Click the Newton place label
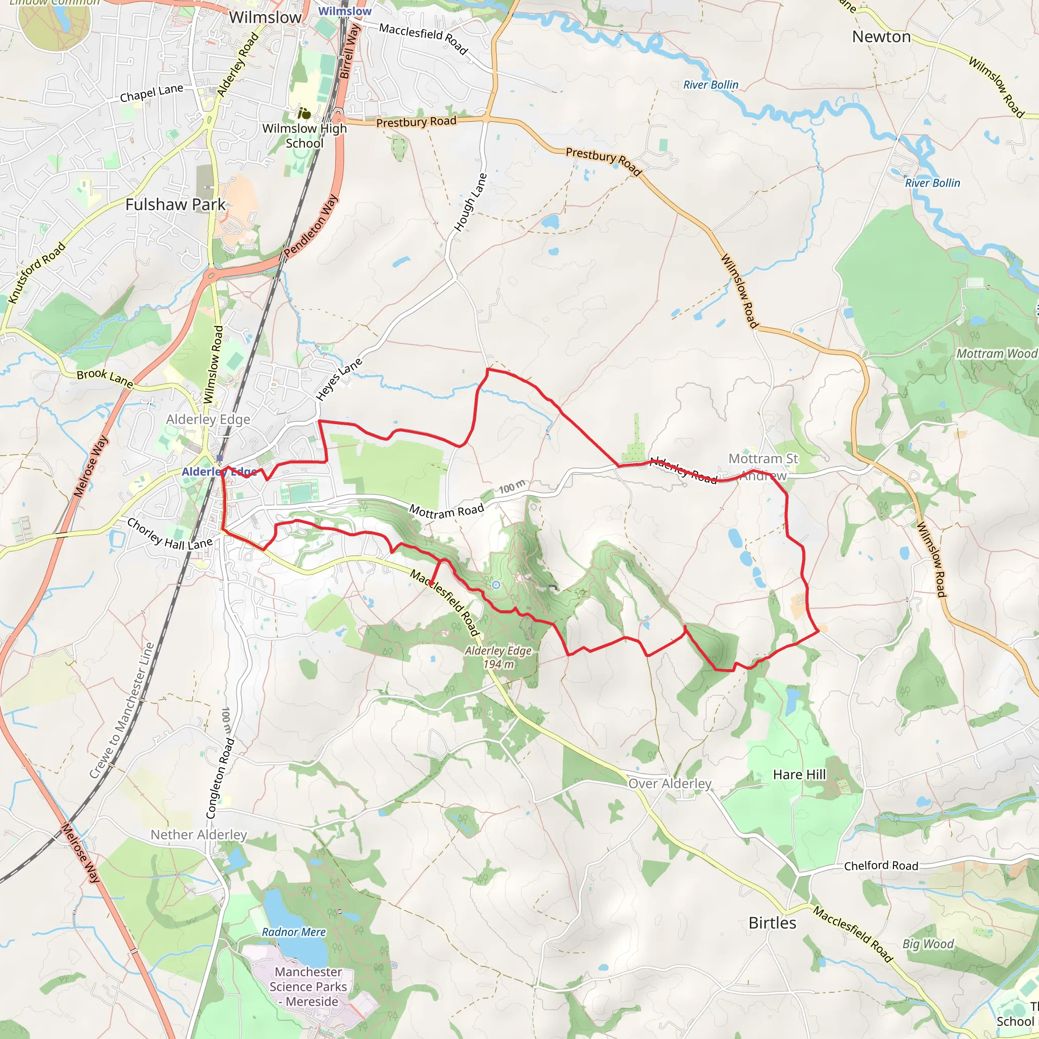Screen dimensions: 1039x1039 pyautogui.click(x=881, y=37)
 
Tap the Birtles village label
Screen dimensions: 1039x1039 pyautogui.click(x=772, y=923)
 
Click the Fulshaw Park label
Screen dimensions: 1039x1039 pyautogui.click(x=176, y=204)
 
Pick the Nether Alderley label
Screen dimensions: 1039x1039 pyautogui.click(x=198, y=835)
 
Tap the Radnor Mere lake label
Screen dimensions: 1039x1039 pyautogui.click(x=294, y=932)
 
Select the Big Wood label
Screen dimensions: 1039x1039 pyautogui.click(x=928, y=944)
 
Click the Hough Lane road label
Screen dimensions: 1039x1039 pyautogui.click(x=471, y=202)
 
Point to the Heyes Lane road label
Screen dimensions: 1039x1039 pyautogui.click(x=339, y=379)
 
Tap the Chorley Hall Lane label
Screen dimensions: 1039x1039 pyautogui.click(x=169, y=534)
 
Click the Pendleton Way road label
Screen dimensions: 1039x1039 pyautogui.click(x=311, y=225)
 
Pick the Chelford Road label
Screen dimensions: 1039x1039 pyautogui.click(x=881, y=865)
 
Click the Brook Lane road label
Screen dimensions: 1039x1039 pyautogui.click(x=105, y=377)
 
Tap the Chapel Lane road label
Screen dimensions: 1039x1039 pyautogui.click(x=151, y=93)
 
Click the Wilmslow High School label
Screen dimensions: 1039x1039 pyautogui.click(x=304, y=135)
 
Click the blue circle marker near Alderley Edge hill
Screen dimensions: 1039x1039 pyautogui.click(x=496, y=584)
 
